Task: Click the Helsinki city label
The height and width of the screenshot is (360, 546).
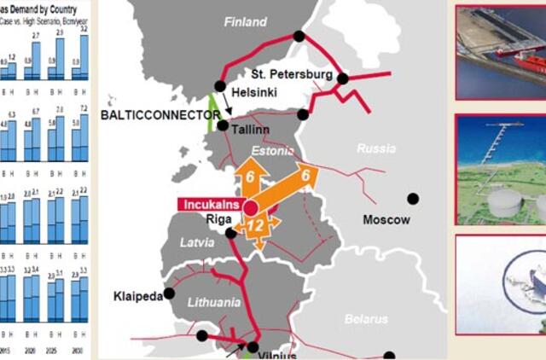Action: coord(254,92)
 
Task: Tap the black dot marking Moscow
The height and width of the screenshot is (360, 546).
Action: coord(413,199)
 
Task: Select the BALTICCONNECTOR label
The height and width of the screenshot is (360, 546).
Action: coord(155,113)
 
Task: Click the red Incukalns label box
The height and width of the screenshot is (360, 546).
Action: coord(209,205)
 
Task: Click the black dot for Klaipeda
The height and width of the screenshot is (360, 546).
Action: coord(170,293)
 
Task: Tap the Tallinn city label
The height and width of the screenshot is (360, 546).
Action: coord(250,130)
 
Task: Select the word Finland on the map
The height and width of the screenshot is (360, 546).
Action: coord(245,22)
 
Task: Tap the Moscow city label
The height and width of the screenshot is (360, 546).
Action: coord(386,220)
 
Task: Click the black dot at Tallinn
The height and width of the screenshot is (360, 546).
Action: coord(223,125)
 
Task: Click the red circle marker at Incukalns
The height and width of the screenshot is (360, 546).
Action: coord(250,207)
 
